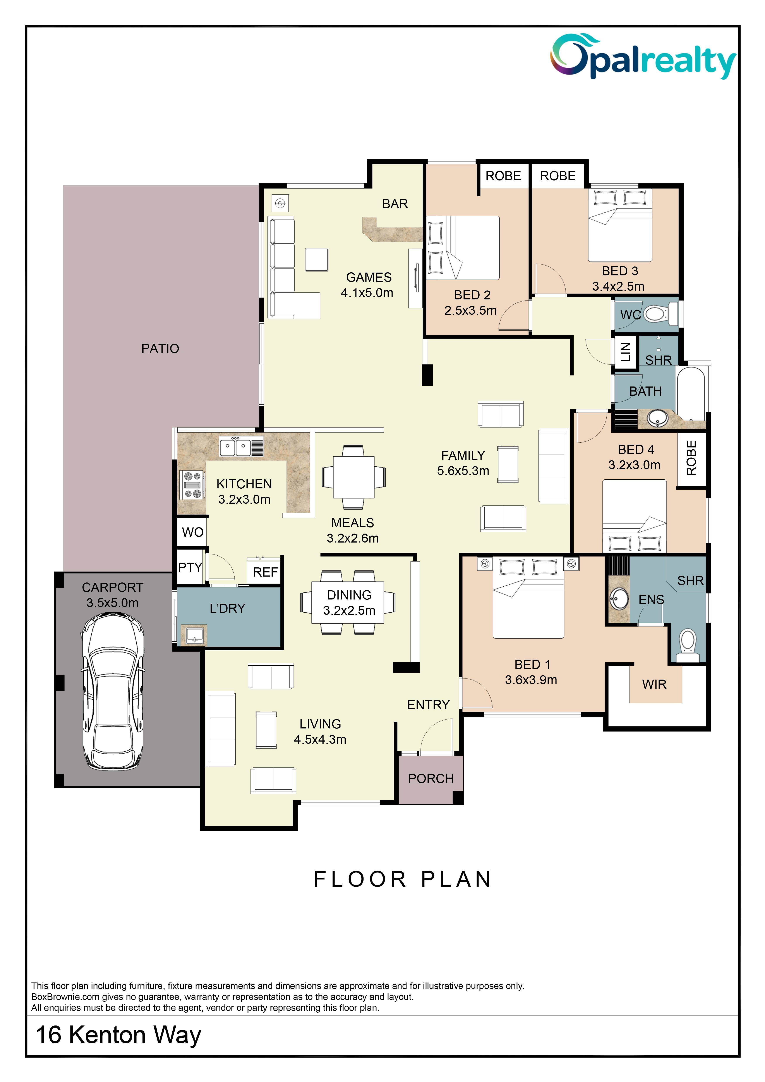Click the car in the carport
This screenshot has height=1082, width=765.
tap(113, 692)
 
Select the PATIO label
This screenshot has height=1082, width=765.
tap(160, 349)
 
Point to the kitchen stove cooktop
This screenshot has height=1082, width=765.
tap(192, 485)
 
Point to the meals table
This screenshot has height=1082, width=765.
tap(354, 477)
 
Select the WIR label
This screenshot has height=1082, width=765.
tap(654, 684)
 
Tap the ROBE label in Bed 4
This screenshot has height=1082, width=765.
tap(691, 458)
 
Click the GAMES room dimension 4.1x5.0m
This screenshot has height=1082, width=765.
tap(367, 293)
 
